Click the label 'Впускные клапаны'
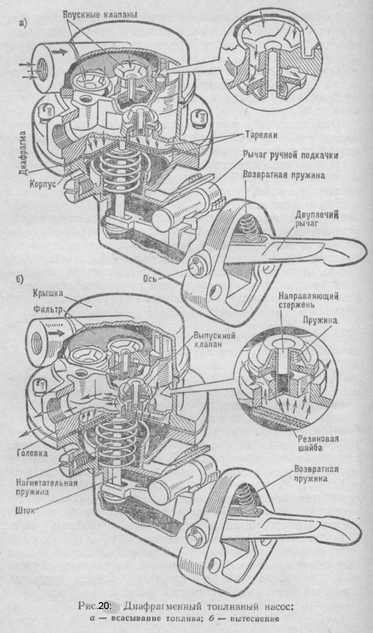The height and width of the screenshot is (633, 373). coord(100,15)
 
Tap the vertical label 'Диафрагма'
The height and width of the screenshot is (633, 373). coord(24,153)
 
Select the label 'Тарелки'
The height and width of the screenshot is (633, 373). coord(261,135)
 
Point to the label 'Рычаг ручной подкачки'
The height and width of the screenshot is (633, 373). coord(291,155)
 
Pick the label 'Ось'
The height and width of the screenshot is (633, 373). coord(150,278)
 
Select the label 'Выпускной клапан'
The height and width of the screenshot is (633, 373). coord(215,340)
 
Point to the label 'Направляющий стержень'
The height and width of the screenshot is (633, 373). coord(308,300)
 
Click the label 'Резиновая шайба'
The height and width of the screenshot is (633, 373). coord(318,443)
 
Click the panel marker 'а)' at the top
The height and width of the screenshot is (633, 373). coord(23,23)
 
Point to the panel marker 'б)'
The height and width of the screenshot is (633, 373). coord(19,280)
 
